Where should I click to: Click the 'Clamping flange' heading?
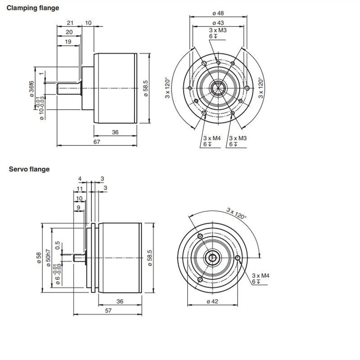click(32, 8)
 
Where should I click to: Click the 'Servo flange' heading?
click(29, 169)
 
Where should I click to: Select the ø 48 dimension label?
click(218, 13)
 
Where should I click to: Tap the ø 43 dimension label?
click(218, 23)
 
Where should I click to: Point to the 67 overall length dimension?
click(97, 142)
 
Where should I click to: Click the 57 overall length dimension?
click(108, 310)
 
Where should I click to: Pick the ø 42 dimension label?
click(212, 301)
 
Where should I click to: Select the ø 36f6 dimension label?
click(31, 89)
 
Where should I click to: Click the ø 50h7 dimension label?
click(49, 257)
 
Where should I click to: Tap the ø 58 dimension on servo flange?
click(39, 258)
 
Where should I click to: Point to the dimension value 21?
click(70, 23)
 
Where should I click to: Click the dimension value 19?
click(68, 42)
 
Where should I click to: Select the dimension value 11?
click(80, 189)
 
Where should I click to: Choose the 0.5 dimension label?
click(58, 245)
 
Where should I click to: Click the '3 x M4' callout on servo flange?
click(261, 275)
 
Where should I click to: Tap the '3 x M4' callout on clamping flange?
click(212, 138)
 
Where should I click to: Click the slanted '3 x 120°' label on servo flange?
click(237, 213)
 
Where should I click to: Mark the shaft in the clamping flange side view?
click(69, 89)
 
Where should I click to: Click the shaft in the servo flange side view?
click(80, 258)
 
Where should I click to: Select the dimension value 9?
click(78, 208)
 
